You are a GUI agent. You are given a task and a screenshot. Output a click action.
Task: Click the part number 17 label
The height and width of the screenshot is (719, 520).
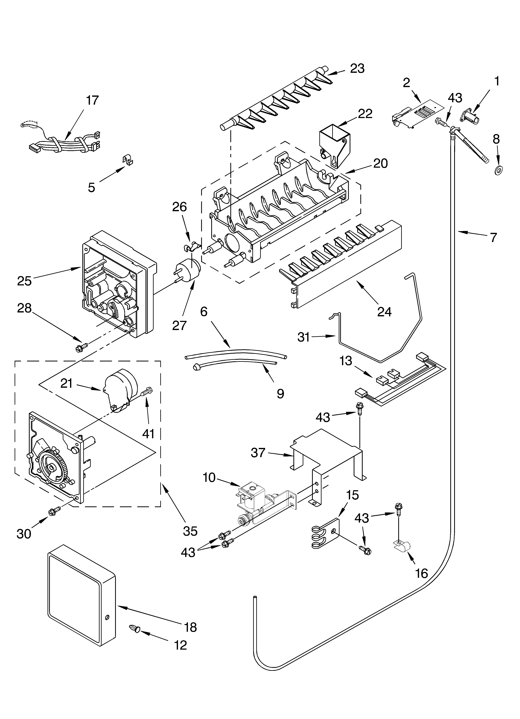click(x=92, y=100)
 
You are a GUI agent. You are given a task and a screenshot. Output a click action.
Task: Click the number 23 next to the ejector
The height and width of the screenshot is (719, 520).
click(x=357, y=68)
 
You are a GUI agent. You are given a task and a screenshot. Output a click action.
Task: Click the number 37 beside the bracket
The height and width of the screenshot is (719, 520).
click(x=258, y=453)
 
